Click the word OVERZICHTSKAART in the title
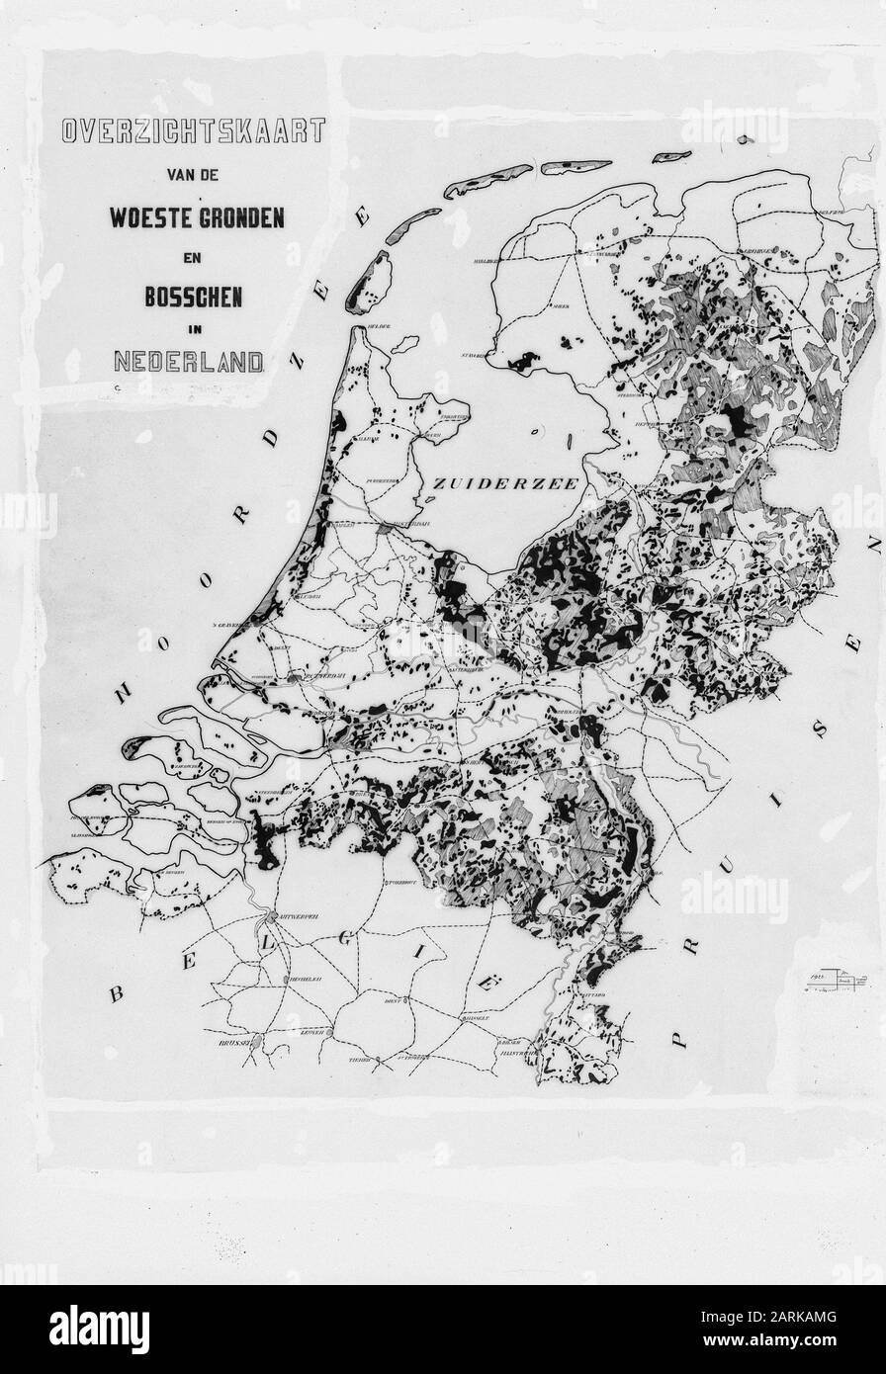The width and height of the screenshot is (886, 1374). click(193, 131)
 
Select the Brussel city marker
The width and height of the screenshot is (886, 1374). click(254, 1040)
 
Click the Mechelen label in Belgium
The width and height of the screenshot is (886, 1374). click(298, 979)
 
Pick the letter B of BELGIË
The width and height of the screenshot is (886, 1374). click(117, 993)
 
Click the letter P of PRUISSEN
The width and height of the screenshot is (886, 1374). click(678, 1039)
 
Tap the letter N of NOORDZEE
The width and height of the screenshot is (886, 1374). click(124, 693)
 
